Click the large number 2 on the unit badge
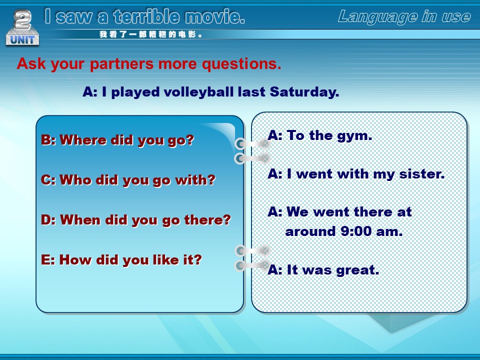pos(22,19)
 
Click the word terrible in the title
pos(146,16)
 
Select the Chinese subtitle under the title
pos(151,34)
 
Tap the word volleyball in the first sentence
pos(199,92)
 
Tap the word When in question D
pos(80,220)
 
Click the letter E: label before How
pos(48,260)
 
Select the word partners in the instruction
pos(121,64)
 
